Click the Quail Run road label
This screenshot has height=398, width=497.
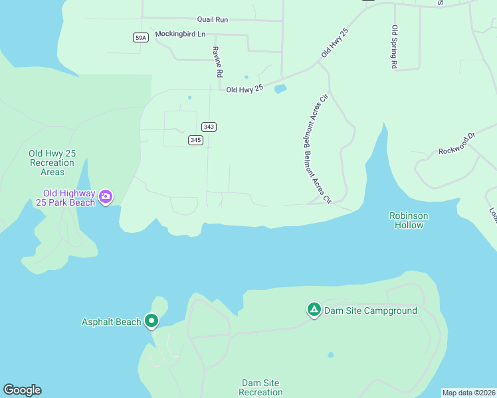click(x=213, y=20)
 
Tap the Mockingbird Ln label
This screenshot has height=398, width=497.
click(x=180, y=34)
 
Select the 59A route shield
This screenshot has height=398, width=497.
click(x=140, y=38)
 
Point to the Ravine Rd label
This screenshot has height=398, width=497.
click(x=216, y=62)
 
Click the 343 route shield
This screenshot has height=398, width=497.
click(x=209, y=127)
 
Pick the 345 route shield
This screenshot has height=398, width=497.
click(x=195, y=140)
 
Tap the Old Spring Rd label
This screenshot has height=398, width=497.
click(x=395, y=47)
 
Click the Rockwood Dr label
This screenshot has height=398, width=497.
click(x=458, y=145)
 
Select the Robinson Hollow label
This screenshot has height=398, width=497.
click(x=409, y=221)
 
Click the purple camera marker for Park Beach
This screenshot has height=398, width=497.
click(x=106, y=196)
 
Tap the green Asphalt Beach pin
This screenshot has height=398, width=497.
click(x=151, y=321)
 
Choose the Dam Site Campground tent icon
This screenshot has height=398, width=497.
click(x=314, y=310)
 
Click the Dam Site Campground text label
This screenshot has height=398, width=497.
click(x=371, y=310)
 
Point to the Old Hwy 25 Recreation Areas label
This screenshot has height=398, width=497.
click(x=52, y=163)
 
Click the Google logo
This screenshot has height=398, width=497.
click(x=22, y=390)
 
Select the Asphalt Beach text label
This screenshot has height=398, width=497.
click(x=111, y=322)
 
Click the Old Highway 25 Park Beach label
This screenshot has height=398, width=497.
click(x=64, y=198)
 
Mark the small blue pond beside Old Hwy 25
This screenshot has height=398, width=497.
click(x=280, y=89)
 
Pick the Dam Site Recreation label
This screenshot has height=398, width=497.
click(x=261, y=387)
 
